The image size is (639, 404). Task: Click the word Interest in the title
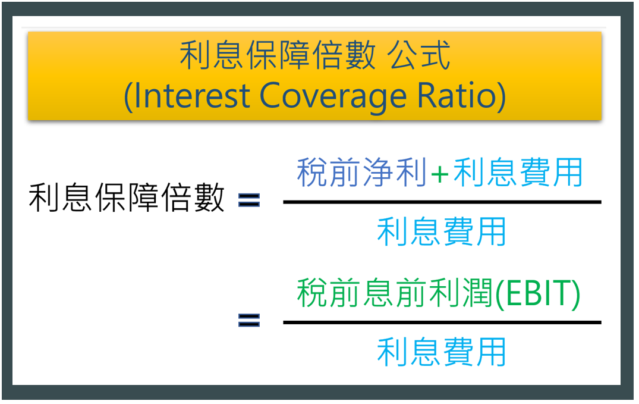191,95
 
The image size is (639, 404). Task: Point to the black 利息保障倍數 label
127,197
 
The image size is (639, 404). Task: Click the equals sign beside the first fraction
249,201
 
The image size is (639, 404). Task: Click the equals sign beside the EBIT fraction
249,320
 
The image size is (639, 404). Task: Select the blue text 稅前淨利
362,172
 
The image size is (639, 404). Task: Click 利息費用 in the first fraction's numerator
518,172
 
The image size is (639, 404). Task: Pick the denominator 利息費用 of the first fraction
441,231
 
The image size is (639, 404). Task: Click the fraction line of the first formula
442,202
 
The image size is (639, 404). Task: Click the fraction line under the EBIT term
442,322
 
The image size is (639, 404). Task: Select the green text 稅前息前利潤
395,292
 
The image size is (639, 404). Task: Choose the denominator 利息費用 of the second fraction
441,352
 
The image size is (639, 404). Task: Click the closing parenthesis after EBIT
575,295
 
